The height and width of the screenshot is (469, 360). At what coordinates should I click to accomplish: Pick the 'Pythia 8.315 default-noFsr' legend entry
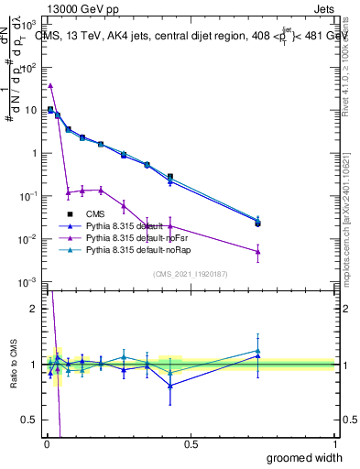click(x=136, y=237)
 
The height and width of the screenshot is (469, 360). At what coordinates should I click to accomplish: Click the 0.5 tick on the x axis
click(x=190, y=443)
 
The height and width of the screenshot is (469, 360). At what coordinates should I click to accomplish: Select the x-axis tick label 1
click(x=335, y=443)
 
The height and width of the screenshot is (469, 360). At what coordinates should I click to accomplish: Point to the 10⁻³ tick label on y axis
click(x=27, y=281)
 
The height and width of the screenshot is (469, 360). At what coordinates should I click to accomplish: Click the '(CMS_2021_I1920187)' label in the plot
click(x=190, y=273)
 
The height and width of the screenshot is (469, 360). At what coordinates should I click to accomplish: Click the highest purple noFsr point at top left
click(x=50, y=85)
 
